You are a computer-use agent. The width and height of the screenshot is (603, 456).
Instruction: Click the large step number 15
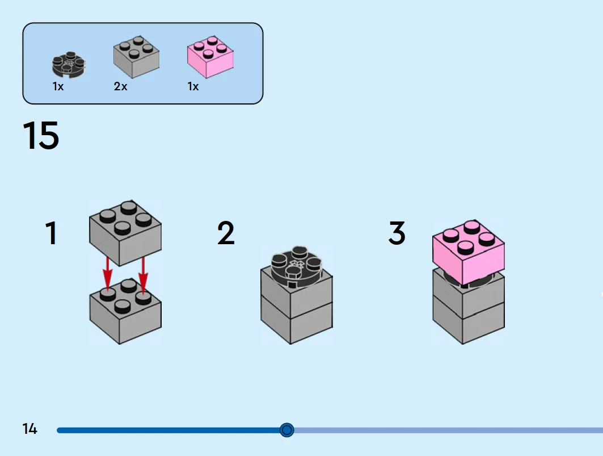point(41,135)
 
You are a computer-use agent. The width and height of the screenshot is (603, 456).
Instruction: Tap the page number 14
point(29,429)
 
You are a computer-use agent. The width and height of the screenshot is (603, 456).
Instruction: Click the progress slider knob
point(287,430)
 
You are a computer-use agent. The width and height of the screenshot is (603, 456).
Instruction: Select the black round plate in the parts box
point(69,65)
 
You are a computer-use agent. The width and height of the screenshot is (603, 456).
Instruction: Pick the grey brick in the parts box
point(136,57)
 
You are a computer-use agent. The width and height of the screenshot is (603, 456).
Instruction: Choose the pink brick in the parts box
point(210,57)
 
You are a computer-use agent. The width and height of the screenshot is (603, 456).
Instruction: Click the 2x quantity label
point(120,87)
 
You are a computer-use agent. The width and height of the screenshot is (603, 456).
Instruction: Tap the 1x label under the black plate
point(58,87)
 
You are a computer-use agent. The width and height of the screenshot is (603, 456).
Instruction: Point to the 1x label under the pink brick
point(193,87)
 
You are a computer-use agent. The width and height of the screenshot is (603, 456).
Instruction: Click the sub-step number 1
point(51,233)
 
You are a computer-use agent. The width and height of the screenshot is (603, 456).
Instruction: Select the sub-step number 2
point(226,233)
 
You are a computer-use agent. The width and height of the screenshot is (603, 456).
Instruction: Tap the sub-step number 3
point(397,233)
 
